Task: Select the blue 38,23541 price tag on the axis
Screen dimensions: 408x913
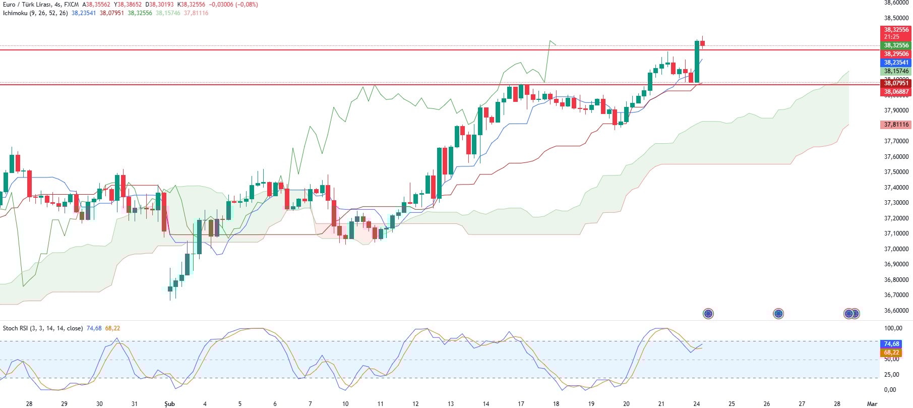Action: tap(896, 63)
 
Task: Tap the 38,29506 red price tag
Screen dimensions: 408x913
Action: tap(896, 54)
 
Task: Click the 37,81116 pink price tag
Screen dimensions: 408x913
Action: tap(896, 125)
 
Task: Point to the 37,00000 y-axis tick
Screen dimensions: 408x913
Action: tap(896, 249)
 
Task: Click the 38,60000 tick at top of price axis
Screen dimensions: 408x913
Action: tap(896, 3)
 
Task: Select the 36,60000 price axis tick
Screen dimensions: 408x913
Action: tap(896, 311)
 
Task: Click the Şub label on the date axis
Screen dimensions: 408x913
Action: tap(169, 404)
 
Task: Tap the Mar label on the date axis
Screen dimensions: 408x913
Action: tap(872, 404)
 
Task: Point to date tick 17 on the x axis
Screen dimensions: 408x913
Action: tap(521, 404)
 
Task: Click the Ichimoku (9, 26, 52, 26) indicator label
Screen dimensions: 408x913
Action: tap(35, 13)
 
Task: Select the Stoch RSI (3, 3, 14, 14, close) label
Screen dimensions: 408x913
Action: tap(43, 328)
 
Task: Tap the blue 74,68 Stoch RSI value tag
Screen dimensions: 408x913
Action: tap(891, 344)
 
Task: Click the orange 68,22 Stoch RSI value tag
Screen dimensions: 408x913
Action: tap(891, 353)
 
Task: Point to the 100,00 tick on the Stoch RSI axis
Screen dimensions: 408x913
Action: tap(893, 328)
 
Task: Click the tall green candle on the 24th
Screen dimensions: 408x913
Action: tap(697, 62)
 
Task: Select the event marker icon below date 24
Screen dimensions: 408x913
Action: tap(708, 314)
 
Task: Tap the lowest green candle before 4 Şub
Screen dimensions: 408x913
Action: tap(170, 289)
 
